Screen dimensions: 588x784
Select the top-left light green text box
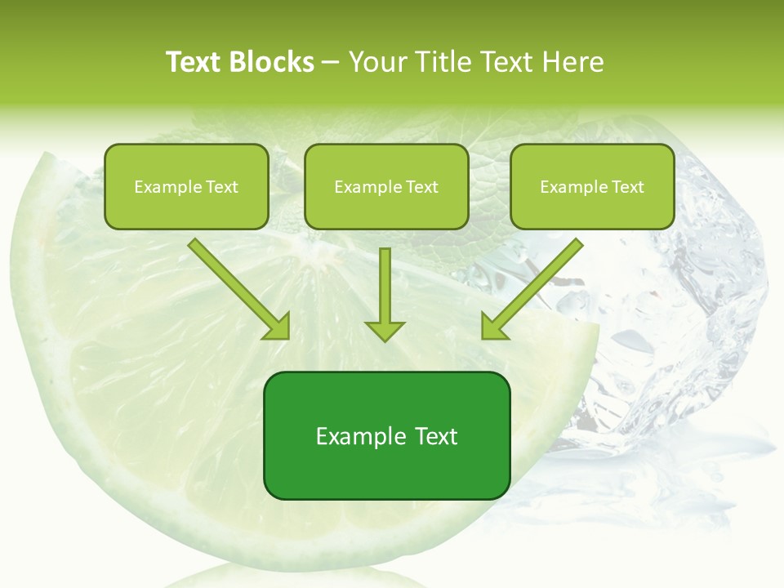point(186,186)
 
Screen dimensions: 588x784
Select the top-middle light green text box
point(386,186)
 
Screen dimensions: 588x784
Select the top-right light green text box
point(592,186)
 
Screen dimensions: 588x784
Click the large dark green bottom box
point(386,435)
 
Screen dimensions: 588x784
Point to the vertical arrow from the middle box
point(385,286)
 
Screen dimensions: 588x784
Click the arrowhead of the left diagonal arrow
point(278,327)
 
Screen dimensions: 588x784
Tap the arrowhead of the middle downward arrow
point(385,329)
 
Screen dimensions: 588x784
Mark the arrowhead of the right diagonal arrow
point(493,327)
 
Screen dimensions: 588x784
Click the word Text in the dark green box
point(435,436)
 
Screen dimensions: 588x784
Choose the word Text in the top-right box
point(627,187)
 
